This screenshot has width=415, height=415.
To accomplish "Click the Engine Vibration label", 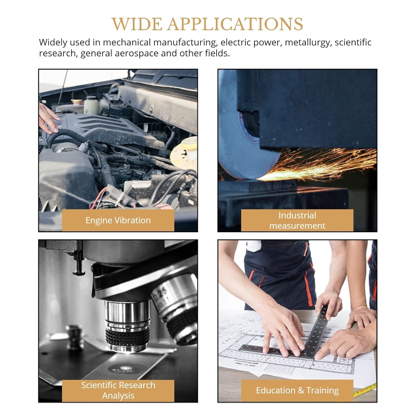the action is pyautogui.click(x=118, y=220).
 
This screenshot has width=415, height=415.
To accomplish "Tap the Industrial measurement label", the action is pyautogui.click(x=297, y=221).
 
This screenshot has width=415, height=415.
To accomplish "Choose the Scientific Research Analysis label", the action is pyautogui.click(x=118, y=390).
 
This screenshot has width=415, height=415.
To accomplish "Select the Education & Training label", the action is pyautogui.click(x=297, y=390).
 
